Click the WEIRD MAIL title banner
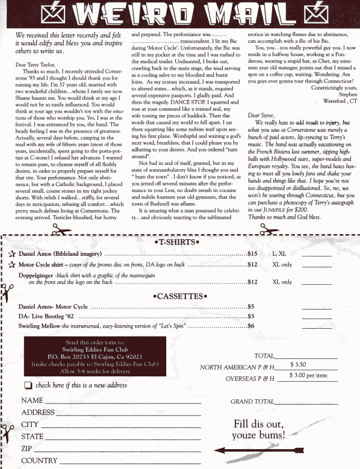pos(179,13)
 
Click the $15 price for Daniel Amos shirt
pos(253,254)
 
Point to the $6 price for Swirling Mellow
pos(252,326)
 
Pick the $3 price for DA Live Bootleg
pos(252,316)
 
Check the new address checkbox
pos(28,385)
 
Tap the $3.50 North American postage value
pos(299,365)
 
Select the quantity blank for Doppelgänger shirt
pos(317,282)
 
